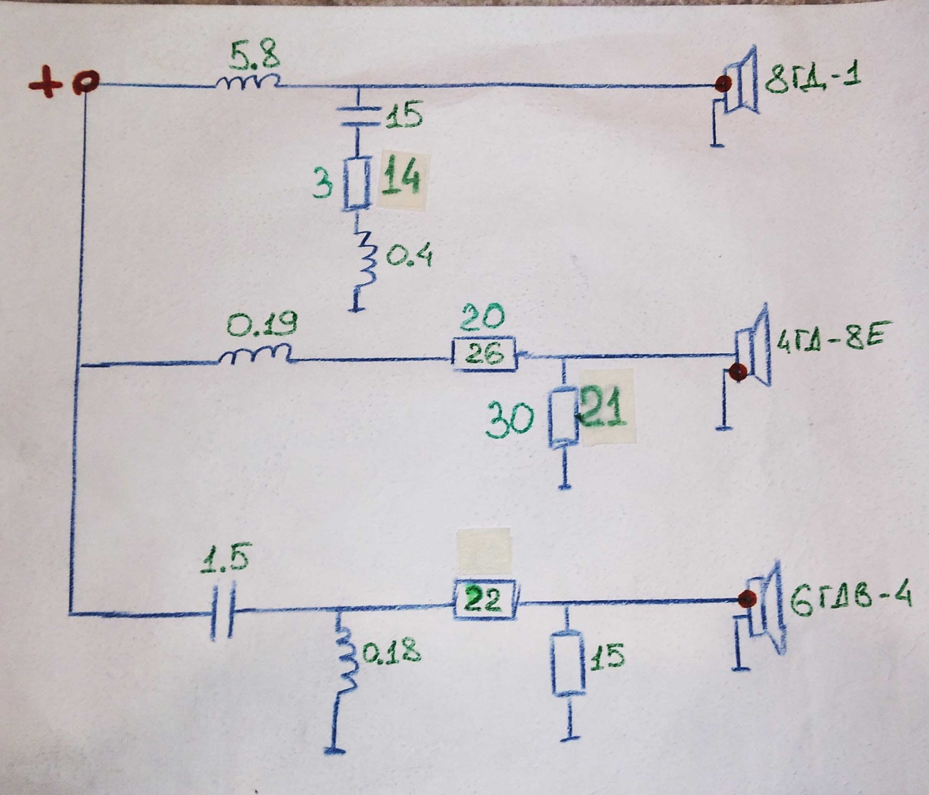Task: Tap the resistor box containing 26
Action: (484, 355)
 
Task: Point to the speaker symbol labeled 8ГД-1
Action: (737, 86)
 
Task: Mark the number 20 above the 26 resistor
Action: (483, 319)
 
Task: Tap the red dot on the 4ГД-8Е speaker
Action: (738, 372)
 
